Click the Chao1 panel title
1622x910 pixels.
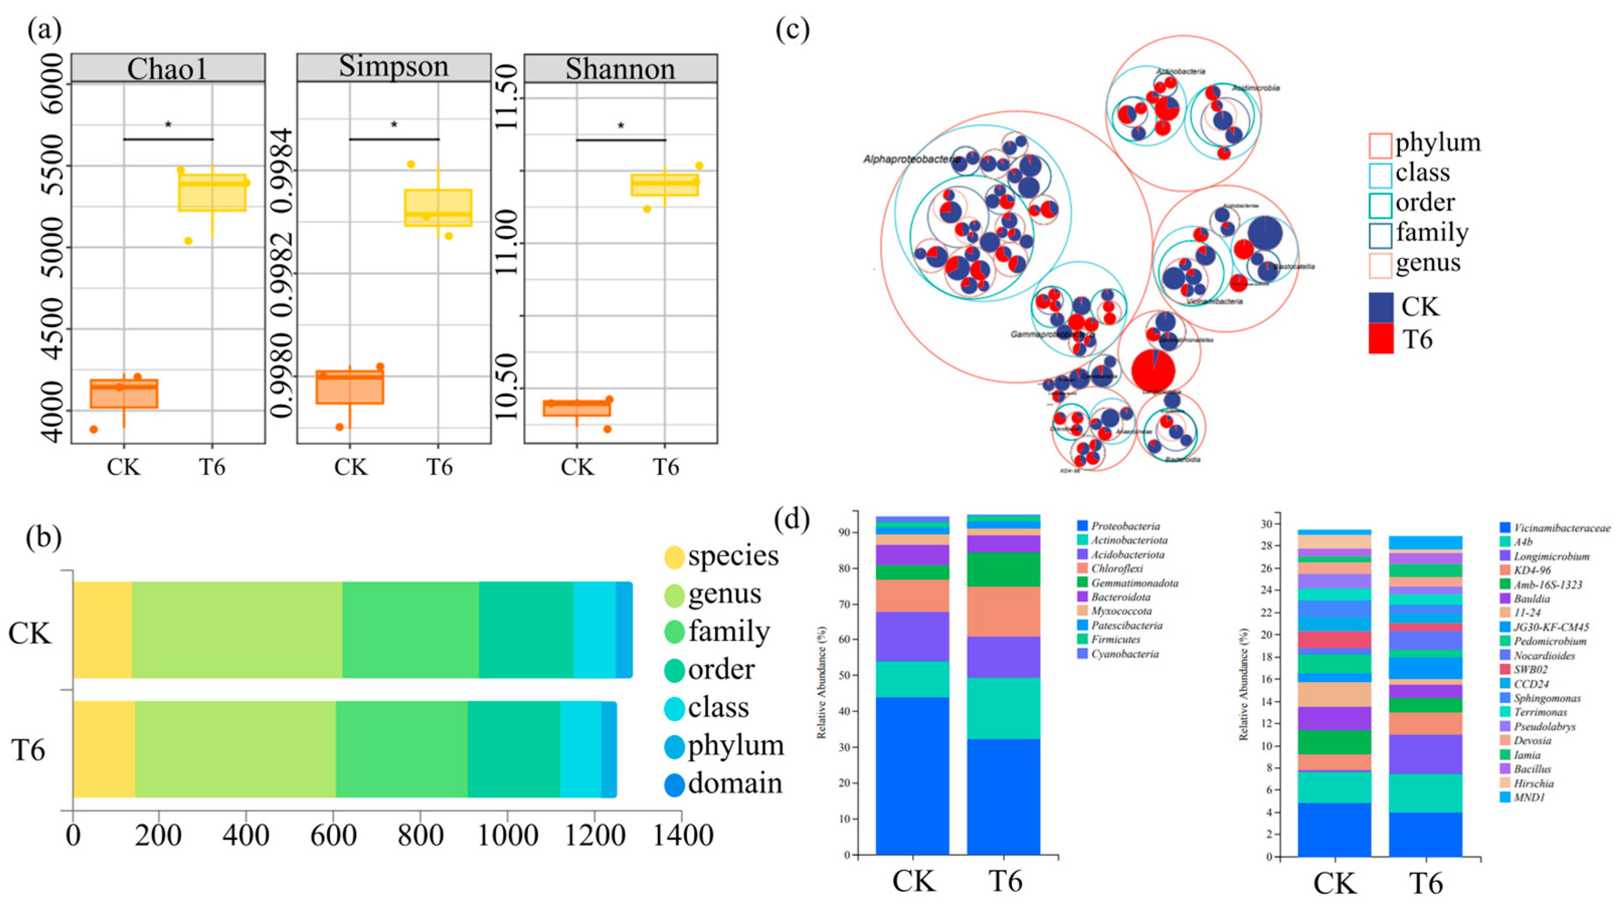167,68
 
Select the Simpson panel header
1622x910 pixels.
394,67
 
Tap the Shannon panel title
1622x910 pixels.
620,68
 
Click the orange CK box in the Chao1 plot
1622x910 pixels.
124,394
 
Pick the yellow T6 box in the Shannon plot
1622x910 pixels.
664,185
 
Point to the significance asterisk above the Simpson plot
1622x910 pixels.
394,125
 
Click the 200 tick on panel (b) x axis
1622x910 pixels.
159,836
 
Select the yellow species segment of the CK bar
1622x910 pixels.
102,629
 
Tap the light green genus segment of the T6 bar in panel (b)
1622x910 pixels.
235,749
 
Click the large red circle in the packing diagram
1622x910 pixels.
1153,370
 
